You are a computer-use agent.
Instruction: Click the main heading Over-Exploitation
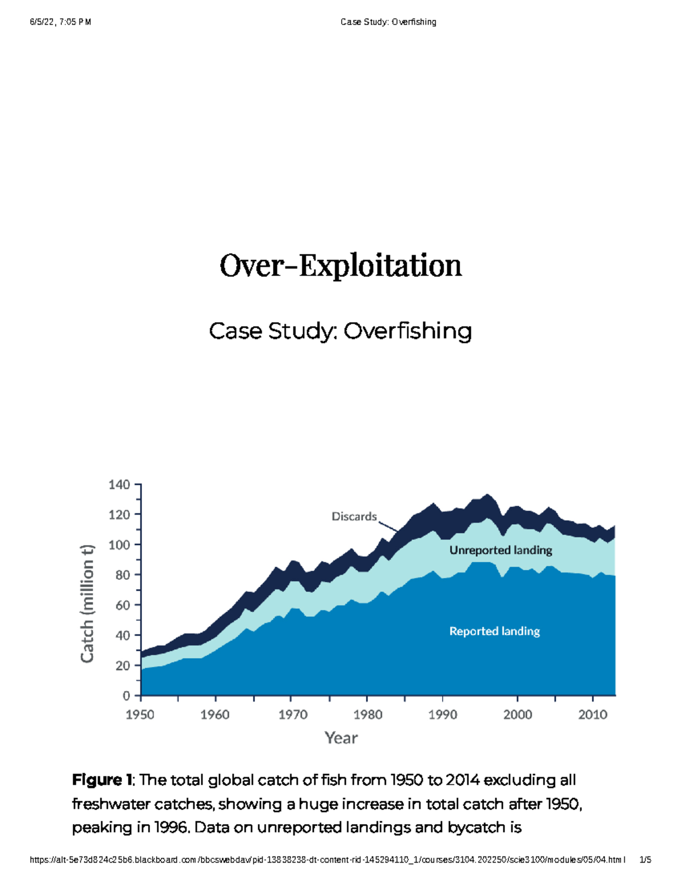pos(340,266)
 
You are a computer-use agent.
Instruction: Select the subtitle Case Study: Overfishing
pos(340,331)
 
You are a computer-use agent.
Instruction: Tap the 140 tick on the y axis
pos(119,484)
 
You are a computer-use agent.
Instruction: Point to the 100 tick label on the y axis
pos(119,545)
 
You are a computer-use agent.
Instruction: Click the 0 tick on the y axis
pos(126,696)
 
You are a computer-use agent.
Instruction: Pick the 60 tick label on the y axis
pos(123,605)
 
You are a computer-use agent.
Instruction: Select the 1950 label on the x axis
pos(140,714)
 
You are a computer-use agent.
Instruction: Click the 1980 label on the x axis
pos(368,714)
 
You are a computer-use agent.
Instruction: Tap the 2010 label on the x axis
pos(592,714)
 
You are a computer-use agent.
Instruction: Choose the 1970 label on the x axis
pos(293,714)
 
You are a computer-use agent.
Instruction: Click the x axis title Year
pos(341,738)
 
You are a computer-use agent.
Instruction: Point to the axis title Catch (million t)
pos(87,603)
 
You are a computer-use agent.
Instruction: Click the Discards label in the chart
pos(354,516)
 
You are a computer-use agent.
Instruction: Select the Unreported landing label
pos(501,550)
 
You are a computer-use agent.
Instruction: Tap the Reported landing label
pos(494,631)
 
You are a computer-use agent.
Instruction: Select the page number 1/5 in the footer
pos(645,860)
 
